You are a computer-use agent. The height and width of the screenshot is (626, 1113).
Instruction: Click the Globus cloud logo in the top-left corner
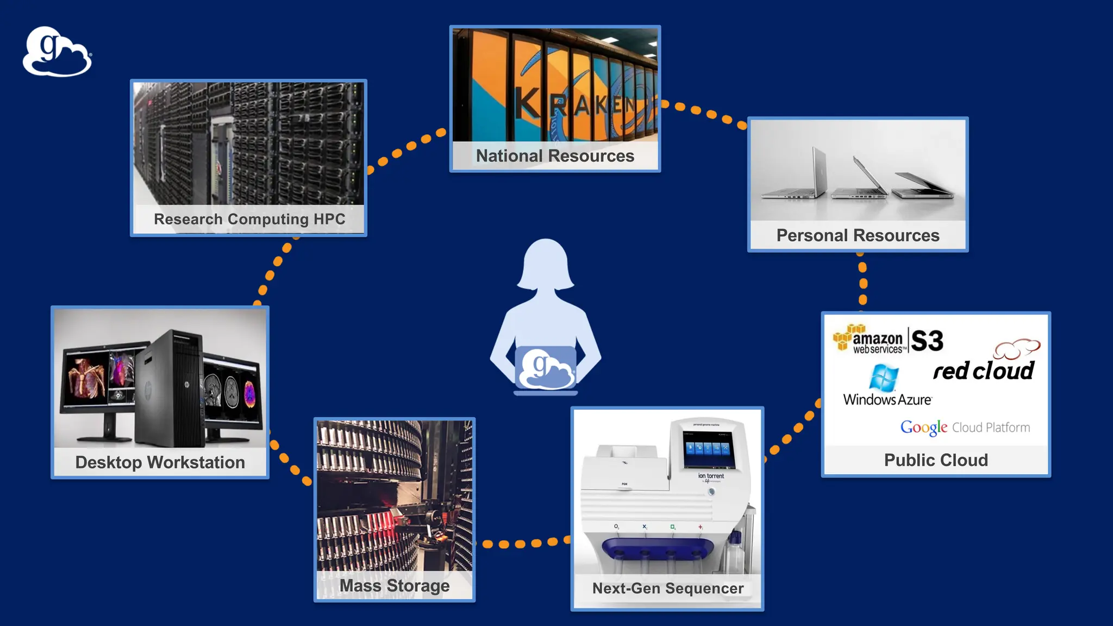click(57, 52)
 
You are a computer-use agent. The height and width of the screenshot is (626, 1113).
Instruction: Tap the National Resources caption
click(555, 156)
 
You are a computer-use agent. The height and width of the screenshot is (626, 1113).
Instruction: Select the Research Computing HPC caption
click(249, 219)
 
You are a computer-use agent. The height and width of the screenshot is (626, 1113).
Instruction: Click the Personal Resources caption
click(858, 235)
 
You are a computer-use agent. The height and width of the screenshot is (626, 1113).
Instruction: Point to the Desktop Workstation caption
click(160, 462)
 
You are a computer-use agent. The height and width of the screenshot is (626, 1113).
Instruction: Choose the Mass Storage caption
click(395, 586)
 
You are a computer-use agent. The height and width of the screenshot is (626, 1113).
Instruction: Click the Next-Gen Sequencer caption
click(667, 589)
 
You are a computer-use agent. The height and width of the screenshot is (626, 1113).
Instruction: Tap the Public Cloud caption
click(936, 460)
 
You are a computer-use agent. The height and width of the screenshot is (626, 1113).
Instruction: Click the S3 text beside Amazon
click(927, 341)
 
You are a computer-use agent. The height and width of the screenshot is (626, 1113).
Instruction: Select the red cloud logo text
click(984, 371)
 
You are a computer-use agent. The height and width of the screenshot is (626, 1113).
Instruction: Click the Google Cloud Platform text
click(965, 428)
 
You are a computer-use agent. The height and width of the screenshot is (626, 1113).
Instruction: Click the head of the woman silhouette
click(546, 264)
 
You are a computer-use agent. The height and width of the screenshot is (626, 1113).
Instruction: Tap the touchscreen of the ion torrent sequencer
click(708, 449)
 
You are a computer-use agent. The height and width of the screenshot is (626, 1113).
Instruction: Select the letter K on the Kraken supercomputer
click(527, 103)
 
